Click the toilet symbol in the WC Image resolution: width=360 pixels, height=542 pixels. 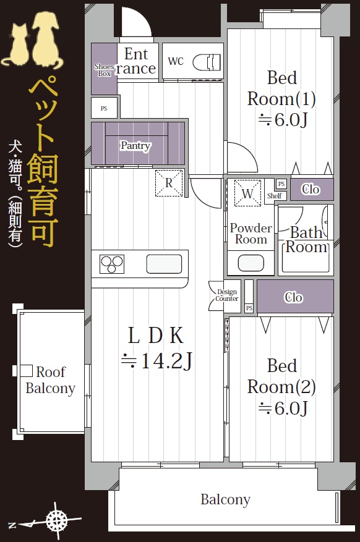click(207, 62)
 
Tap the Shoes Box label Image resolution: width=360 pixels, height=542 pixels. click(104, 70)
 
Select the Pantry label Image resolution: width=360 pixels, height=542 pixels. click(135, 145)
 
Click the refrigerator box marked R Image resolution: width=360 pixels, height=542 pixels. click(169, 183)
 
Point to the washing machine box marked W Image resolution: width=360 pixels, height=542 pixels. click(247, 193)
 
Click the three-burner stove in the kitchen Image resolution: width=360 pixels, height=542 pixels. click(112, 264)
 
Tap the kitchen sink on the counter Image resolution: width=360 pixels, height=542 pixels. click(164, 264)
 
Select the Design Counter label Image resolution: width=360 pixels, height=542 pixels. click(227, 295)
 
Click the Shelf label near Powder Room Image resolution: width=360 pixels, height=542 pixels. click(274, 196)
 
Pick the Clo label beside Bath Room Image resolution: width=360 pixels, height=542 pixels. click(311, 189)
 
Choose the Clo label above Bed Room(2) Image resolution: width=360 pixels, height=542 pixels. click(293, 297)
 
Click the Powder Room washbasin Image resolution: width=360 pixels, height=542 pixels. click(251, 263)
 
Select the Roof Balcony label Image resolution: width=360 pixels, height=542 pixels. click(51, 380)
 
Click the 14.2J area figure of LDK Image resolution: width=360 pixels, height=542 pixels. click(156, 361)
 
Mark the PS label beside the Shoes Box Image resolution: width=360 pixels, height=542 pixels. click(104, 109)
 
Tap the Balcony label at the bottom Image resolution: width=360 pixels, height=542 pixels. click(226, 500)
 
